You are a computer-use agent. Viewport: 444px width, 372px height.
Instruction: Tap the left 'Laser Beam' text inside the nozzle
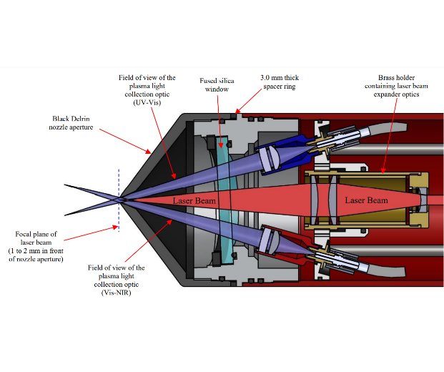[194, 201]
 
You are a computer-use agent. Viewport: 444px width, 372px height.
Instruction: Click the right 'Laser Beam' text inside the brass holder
[366, 200]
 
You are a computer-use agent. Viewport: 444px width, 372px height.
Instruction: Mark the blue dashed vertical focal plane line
[118, 200]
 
